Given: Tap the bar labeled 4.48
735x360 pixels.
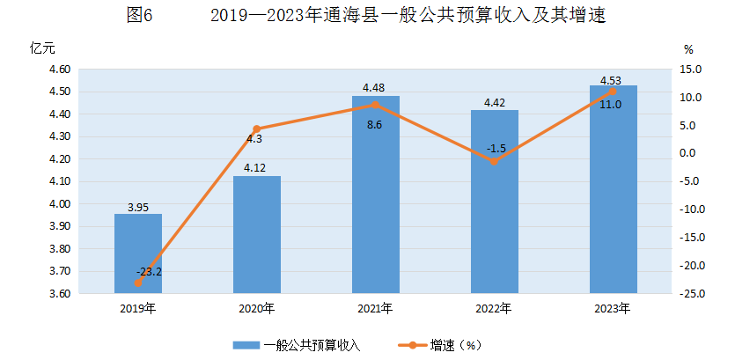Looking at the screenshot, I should click(x=376, y=194).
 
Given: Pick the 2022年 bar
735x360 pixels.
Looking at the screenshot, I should click(x=495, y=201).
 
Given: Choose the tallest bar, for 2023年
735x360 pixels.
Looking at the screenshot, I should click(x=614, y=188).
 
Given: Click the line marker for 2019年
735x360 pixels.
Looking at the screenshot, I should click(x=138, y=283).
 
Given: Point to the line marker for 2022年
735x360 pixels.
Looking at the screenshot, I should click(x=495, y=161).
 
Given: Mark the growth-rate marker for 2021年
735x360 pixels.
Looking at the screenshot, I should click(x=376, y=105).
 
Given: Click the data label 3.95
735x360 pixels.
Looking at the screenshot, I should click(x=138, y=208).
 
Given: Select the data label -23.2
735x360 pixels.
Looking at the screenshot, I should click(x=149, y=271).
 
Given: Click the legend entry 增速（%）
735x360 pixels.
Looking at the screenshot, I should click(x=458, y=345).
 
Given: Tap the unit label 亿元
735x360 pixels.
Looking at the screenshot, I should click(x=42, y=48).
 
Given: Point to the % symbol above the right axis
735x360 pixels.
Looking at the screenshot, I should click(x=688, y=49).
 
